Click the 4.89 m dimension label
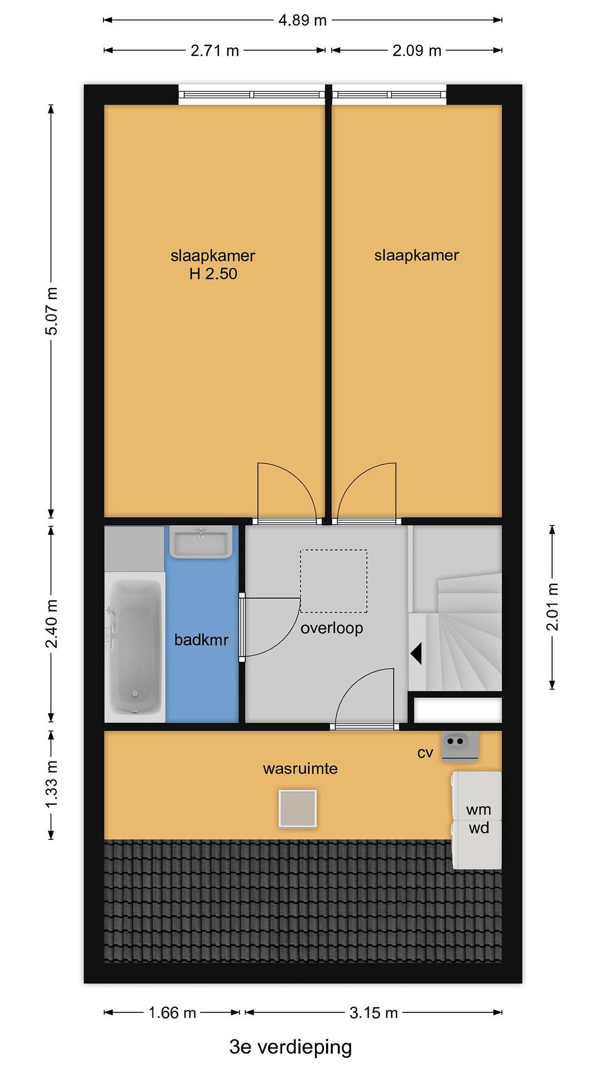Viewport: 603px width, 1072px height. click(303, 20)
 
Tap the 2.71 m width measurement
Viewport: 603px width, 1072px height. click(215, 50)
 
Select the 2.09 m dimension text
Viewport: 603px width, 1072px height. click(417, 50)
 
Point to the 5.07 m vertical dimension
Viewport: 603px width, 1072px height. click(52, 311)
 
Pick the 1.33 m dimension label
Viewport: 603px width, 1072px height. click(52, 784)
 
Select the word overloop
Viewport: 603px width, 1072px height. click(332, 628)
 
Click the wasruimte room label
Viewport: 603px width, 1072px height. click(300, 768)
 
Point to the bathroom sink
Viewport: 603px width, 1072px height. click(201, 542)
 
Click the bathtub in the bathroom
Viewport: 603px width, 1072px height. click(134, 646)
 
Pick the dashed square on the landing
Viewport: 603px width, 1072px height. click(334, 581)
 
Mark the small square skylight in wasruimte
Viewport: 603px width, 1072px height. click(297, 808)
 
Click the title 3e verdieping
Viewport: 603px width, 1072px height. click(290, 1047)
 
